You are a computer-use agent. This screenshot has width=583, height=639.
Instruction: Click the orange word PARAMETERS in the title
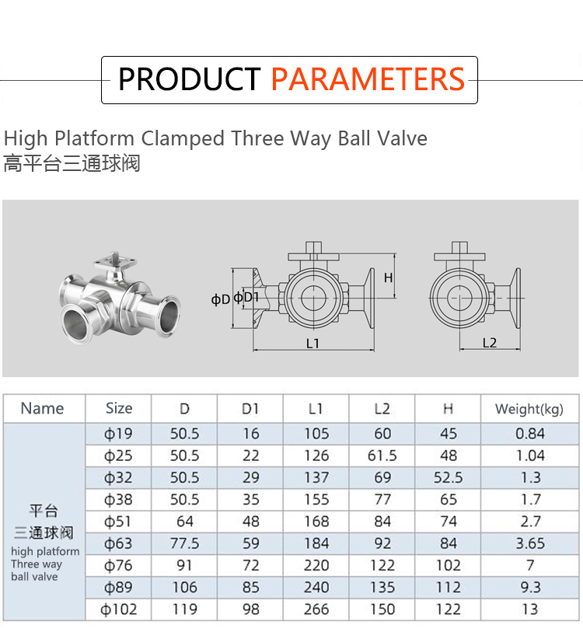[x=368, y=79]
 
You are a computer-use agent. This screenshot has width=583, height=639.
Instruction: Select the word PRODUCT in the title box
[x=190, y=79]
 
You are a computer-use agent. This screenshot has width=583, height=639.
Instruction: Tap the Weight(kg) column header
[x=529, y=409]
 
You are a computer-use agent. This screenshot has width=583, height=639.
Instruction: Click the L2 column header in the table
[x=382, y=409]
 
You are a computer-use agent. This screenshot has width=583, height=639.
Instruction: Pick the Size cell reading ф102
[x=119, y=609]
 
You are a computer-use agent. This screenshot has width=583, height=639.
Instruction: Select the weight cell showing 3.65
[x=530, y=543]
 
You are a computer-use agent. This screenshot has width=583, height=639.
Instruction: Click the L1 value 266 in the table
[x=316, y=609]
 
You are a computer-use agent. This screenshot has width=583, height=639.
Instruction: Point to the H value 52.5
[x=449, y=477]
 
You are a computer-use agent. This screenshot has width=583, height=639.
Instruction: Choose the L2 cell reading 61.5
[x=382, y=456]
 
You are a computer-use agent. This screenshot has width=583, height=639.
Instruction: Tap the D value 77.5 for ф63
[x=184, y=543]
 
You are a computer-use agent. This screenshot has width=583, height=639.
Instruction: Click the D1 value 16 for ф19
[x=251, y=433]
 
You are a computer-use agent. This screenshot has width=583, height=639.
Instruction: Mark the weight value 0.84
[x=530, y=433]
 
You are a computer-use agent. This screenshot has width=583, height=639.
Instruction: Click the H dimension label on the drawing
[x=388, y=278]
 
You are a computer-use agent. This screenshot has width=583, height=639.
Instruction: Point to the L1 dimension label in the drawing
[x=312, y=344]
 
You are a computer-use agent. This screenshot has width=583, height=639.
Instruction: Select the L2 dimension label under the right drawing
[x=489, y=343]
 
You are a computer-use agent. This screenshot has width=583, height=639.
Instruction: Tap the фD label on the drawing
[x=221, y=299]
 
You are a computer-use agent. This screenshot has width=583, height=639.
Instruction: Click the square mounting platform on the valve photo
[x=114, y=261]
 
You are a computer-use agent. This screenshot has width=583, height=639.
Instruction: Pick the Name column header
[x=43, y=408]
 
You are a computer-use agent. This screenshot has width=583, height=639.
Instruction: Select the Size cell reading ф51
[x=118, y=521]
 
